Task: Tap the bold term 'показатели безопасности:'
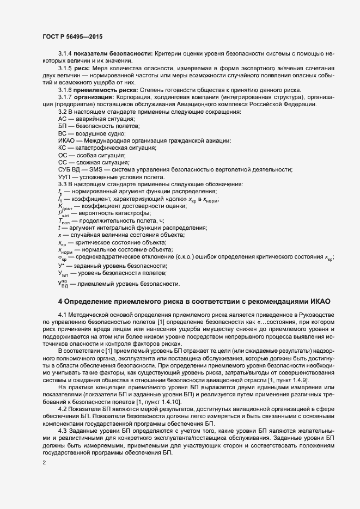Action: coord(114,55)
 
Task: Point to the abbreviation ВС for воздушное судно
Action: coord(62,133)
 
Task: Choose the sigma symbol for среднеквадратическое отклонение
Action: coord(61,256)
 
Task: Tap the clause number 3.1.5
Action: coord(65,69)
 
